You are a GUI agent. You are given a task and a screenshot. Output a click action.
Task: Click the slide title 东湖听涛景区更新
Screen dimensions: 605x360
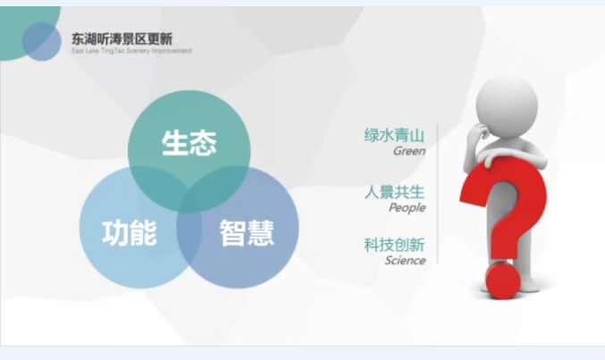[122, 39]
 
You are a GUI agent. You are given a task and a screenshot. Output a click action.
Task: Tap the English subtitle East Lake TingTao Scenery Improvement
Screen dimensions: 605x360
[131, 51]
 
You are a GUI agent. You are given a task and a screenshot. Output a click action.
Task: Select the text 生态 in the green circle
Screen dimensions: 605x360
[189, 143]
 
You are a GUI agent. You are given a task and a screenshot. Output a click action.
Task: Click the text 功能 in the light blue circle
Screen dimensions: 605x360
[130, 232]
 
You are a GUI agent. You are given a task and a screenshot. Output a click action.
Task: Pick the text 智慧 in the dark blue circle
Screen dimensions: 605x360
[247, 232]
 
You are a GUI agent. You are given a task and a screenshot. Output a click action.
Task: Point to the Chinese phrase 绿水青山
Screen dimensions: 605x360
[394, 136]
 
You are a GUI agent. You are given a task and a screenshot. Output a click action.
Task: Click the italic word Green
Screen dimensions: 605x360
[409, 151]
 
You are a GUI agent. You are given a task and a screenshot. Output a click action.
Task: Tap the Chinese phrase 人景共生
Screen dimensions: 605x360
[394, 192]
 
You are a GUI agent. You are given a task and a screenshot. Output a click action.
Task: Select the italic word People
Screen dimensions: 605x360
[408, 207]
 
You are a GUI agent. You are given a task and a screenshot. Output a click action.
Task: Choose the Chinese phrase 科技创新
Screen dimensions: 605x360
[394, 245]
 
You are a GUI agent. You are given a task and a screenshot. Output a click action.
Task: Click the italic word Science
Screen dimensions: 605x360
[405, 261]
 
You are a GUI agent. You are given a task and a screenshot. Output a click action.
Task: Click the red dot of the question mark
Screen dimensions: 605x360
[503, 280]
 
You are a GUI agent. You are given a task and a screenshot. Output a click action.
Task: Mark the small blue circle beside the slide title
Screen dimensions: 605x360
[42, 41]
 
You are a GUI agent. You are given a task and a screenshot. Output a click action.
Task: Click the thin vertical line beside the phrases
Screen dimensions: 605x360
[438, 194]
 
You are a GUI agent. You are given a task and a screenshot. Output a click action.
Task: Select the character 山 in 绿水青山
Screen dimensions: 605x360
[417, 136]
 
